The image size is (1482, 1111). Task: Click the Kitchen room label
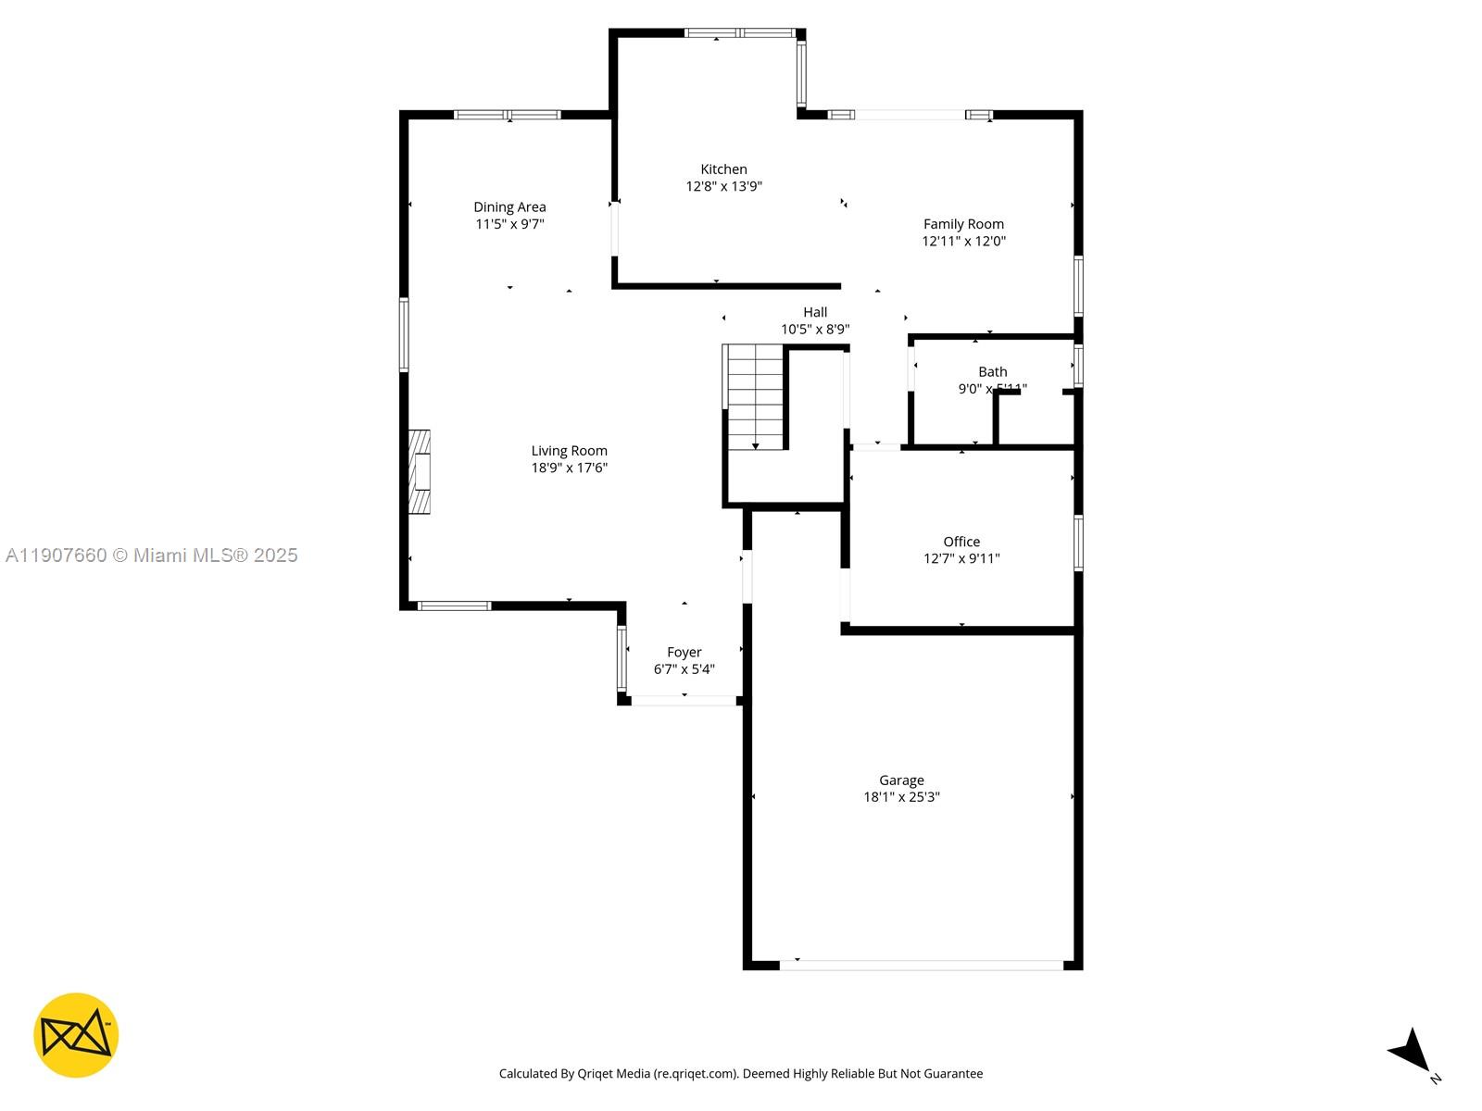pyautogui.click(x=723, y=169)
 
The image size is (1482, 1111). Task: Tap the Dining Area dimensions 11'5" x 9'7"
pyautogui.click(x=509, y=224)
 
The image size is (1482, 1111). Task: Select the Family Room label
pyautogui.click(x=963, y=224)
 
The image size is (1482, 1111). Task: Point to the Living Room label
pyautogui.click(x=569, y=451)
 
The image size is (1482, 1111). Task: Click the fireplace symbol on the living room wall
pyautogui.click(x=420, y=472)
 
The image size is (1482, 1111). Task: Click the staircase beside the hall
pyautogui.click(x=755, y=396)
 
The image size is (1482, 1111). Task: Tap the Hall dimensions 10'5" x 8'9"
pyautogui.click(x=814, y=329)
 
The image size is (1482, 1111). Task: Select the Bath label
pyautogui.click(x=992, y=372)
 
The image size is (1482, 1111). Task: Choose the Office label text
pyautogui.click(x=961, y=542)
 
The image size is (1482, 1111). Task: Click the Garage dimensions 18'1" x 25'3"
pyautogui.click(x=901, y=797)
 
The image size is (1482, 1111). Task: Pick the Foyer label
pyautogui.click(x=684, y=653)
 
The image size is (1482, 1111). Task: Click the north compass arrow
pyautogui.click(x=1411, y=1052)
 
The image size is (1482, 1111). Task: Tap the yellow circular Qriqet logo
pyautogui.click(x=76, y=1035)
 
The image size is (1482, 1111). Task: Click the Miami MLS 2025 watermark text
pyautogui.click(x=152, y=555)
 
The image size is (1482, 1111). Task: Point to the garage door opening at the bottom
pyautogui.click(x=921, y=965)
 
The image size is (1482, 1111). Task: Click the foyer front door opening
pyautogui.click(x=684, y=701)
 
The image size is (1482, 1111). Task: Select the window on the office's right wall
pyautogui.click(x=1078, y=543)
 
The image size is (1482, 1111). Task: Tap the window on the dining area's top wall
pyautogui.click(x=507, y=115)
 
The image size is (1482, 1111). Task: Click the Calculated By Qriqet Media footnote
pyautogui.click(x=741, y=1074)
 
